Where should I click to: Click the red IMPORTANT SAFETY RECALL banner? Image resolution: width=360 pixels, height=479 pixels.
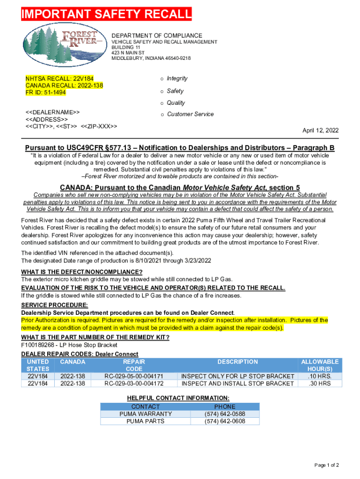(x=107, y=15)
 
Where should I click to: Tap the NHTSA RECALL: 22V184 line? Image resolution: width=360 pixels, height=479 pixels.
(x=53, y=79)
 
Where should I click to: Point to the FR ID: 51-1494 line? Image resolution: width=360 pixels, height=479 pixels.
(x=46, y=93)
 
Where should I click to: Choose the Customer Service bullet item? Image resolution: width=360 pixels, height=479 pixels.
(x=190, y=114)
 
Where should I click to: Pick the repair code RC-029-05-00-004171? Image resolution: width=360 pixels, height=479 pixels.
(x=134, y=377)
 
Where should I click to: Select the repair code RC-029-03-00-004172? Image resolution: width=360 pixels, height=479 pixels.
(x=134, y=384)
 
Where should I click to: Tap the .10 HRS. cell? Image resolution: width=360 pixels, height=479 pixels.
(x=320, y=377)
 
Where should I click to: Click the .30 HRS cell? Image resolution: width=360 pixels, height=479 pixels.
(x=320, y=384)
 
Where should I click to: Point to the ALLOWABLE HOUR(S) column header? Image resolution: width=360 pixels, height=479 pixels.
(x=320, y=365)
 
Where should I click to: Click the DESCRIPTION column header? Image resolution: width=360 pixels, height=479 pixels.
(x=238, y=362)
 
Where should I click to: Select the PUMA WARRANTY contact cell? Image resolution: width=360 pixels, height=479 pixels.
(x=145, y=414)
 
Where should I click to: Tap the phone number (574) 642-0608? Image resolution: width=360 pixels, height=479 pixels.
(x=225, y=421)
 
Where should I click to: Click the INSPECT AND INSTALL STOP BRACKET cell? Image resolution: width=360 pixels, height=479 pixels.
(x=238, y=384)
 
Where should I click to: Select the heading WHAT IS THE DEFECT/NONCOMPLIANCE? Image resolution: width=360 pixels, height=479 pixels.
(x=82, y=272)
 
